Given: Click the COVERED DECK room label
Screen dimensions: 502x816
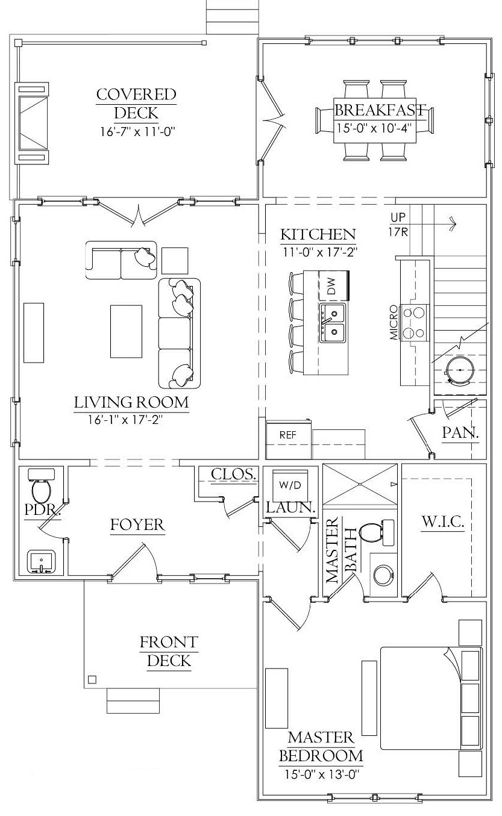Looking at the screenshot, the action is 136,104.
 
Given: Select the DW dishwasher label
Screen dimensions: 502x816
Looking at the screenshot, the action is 331,285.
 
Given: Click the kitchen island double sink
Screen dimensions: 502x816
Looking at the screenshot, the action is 332,323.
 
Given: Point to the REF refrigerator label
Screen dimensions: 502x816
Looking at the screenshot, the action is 287,435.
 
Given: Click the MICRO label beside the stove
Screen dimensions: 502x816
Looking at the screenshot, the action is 394,322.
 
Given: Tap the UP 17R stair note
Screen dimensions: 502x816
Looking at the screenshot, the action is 398,224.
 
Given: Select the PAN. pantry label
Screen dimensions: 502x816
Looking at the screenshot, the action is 460,432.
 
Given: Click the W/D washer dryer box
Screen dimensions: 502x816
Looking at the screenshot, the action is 290,485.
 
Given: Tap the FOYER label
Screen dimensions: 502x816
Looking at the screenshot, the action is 137,525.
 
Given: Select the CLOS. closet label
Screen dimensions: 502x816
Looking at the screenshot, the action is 234,474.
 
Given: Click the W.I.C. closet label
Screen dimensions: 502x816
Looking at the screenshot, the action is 443,522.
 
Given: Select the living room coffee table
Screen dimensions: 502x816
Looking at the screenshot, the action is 126,331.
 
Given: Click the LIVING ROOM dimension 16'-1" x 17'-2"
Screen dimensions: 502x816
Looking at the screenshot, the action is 125,420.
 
